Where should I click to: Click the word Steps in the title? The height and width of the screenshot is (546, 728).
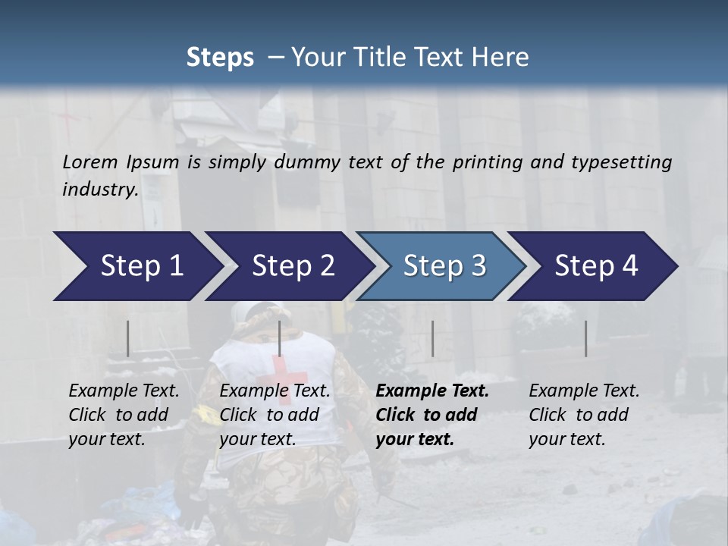220,58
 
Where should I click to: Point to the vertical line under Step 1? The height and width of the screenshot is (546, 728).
128,338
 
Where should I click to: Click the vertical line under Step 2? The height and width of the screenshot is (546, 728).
280,338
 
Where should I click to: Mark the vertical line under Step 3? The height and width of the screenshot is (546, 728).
432,338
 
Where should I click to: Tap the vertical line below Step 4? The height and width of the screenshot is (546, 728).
585,338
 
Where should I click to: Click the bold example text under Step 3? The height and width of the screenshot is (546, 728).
432,415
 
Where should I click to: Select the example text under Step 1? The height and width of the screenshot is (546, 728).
124,415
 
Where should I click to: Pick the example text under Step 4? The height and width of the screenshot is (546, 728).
584,415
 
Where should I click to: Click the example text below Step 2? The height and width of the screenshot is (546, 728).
275,415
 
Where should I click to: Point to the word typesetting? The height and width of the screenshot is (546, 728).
626,162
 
